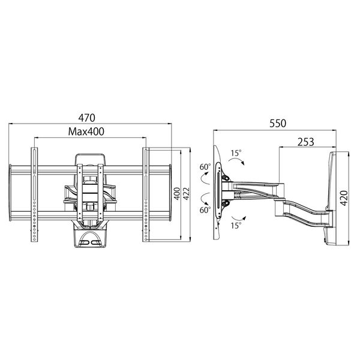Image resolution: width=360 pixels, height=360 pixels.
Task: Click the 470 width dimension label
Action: (x=86, y=118)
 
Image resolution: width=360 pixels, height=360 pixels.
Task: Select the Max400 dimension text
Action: (x=86, y=131)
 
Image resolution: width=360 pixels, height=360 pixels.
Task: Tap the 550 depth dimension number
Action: (x=278, y=123)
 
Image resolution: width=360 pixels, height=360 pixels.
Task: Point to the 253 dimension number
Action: (x=306, y=142)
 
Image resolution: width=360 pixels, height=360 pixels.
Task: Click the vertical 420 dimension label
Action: (x=344, y=198)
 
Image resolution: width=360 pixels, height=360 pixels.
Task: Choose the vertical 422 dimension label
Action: (x=186, y=194)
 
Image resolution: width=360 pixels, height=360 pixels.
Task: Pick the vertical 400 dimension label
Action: (x=177, y=194)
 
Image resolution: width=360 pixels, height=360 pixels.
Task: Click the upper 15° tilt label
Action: (x=236, y=152)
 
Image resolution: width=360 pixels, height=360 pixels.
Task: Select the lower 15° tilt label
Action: (x=236, y=226)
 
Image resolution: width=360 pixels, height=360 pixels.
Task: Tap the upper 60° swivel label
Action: (x=205, y=167)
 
